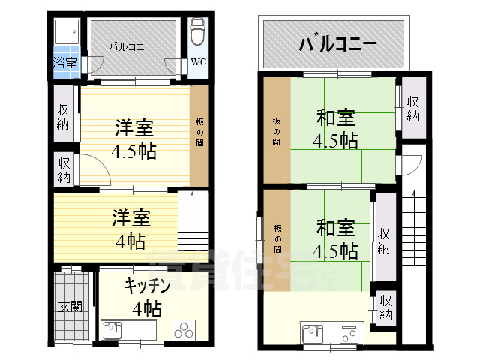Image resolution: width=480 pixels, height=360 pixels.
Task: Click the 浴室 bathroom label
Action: tap(65, 63)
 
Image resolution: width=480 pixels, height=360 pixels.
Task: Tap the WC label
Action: tap(197, 61)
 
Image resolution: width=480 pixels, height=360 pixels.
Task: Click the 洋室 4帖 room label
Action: tap(131, 229)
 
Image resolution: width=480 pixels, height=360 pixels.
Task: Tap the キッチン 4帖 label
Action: tap(147, 296)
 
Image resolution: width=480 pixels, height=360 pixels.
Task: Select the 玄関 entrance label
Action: tap(71, 306)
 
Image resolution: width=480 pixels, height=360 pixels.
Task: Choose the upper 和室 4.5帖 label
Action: tap(335, 129)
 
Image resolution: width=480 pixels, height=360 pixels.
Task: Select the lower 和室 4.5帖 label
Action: tap(335, 237)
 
